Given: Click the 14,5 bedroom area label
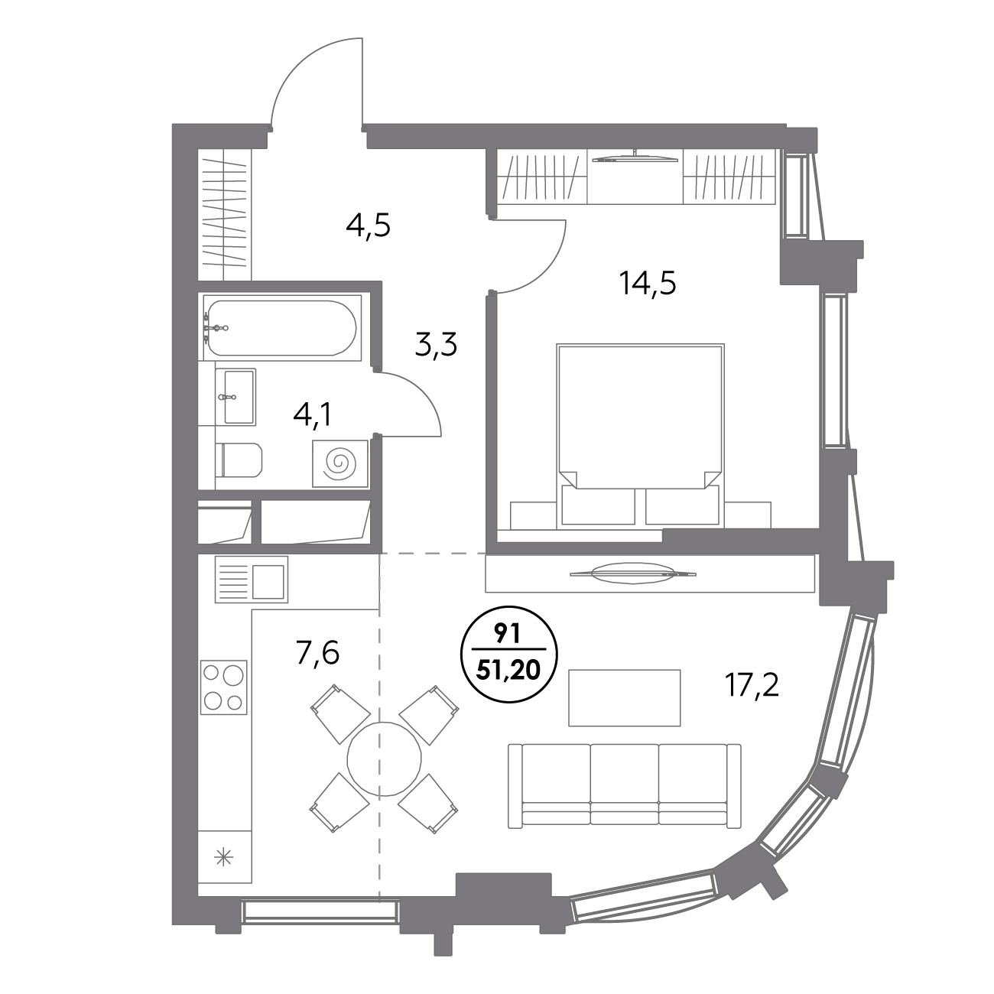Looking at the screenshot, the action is [648, 284].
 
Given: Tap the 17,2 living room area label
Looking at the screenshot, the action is [752, 685].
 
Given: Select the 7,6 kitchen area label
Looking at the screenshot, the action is [317, 653].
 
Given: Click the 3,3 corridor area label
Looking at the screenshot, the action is [436, 345].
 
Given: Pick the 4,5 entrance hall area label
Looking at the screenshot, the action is [369, 226].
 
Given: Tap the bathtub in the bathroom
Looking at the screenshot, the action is [281, 327].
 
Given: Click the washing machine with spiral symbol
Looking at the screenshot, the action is [340, 463].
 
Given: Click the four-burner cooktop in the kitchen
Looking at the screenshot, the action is [224, 687].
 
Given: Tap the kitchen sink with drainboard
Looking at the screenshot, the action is [252, 580].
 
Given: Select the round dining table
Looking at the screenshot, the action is [385, 758].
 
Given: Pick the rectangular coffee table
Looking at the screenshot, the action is [624, 697].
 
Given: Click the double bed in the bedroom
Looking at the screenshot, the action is [640, 435].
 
